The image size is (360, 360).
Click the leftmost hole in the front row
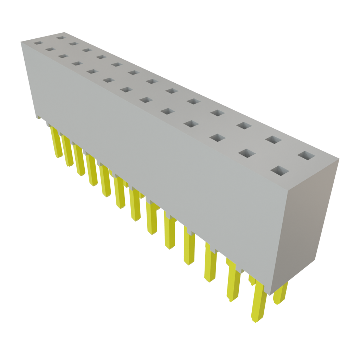pos(38,43)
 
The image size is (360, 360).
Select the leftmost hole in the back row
pos(61,37)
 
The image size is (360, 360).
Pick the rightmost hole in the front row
pos(280,171)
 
